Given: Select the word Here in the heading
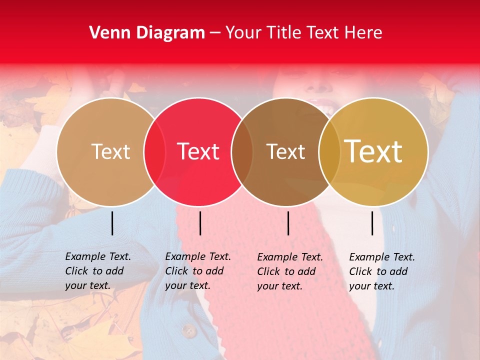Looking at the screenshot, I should pos(364,33).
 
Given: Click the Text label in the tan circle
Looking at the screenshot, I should pos(110,151).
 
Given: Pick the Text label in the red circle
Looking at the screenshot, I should pos(198,151).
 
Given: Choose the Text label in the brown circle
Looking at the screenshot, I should pos(286,151).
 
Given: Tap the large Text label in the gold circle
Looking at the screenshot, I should pos(373,151).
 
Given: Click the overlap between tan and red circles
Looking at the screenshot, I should pos(154,151).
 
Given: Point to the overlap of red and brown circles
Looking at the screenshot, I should pos(242,151).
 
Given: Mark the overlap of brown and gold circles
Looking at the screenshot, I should pos(329,151).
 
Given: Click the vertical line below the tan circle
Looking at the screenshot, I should pos(112,223).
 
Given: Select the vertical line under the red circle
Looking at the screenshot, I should pos(200,223).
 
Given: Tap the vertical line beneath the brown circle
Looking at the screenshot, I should pos(288,223).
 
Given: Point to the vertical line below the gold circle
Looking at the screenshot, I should pos(372,223).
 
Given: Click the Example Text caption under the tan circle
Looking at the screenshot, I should pos(97,271).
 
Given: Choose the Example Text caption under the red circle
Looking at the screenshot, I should pos(197,271).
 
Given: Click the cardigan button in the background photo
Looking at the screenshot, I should pos(188,330).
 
